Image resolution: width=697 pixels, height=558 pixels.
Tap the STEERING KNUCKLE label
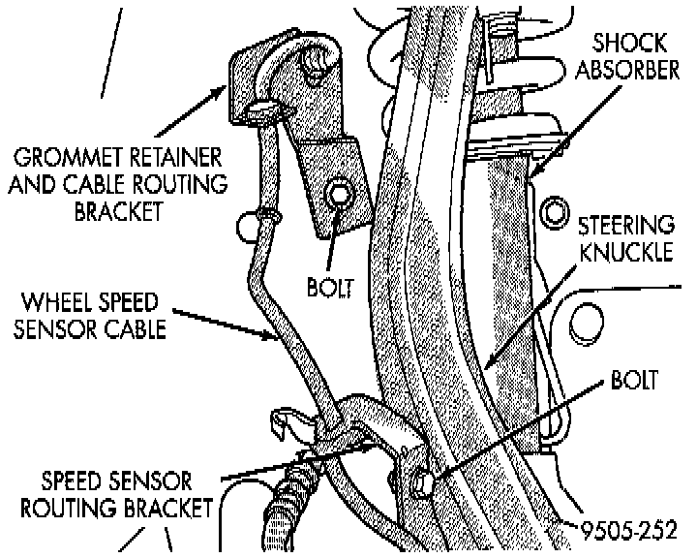(x=625, y=238)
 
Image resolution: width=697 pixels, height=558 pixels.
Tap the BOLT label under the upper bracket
(x=331, y=288)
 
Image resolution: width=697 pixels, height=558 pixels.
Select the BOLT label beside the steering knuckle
(x=636, y=379)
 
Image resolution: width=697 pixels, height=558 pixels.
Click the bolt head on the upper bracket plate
(x=338, y=195)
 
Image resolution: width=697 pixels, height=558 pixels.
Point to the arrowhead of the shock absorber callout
(x=530, y=175)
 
